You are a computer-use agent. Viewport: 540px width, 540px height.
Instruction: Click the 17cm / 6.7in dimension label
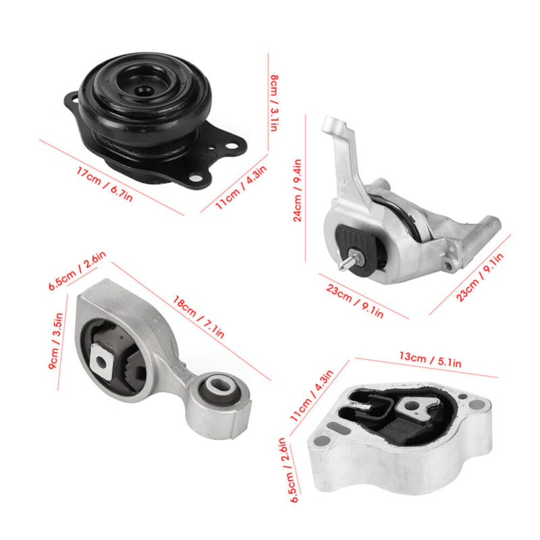click(104, 184)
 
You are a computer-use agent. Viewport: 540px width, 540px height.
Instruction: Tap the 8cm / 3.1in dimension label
click(274, 103)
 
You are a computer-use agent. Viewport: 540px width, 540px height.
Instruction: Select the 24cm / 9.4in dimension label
click(297, 190)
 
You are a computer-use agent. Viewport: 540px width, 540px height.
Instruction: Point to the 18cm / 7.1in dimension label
click(198, 317)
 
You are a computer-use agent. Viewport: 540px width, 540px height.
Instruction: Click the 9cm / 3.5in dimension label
click(55, 341)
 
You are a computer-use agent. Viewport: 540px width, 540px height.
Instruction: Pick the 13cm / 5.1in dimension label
click(430, 359)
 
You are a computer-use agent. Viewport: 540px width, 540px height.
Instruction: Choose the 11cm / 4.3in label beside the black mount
click(241, 187)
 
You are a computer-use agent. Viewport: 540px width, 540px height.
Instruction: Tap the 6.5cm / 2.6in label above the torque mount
click(77, 271)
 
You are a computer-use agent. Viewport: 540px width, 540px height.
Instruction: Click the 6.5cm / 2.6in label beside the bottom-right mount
click(288, 470)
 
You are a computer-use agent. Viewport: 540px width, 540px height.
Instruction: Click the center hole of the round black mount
click(143, 91)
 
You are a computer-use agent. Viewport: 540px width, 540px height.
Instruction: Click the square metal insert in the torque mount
click(101, 362)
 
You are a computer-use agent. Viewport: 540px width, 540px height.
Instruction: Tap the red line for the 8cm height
click(268, 102)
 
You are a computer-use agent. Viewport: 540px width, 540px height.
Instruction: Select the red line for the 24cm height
click(306, 188)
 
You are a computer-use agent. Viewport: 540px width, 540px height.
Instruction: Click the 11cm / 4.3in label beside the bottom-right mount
click(312, 396)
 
